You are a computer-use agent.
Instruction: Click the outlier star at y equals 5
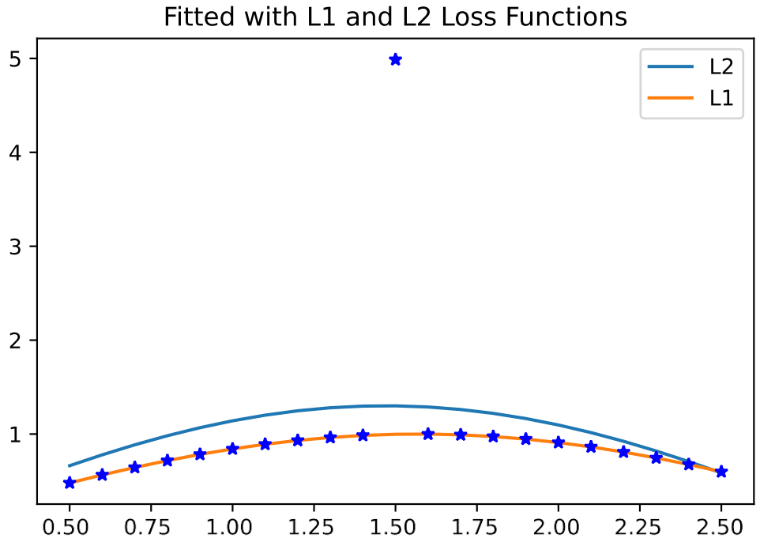click(x=396, y=59)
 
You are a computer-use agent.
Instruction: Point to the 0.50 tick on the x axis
click(x=70, y=525)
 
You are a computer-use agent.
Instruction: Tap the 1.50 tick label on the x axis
click(x=395, y=525)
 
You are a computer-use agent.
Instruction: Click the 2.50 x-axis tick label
click(x=721, y=525)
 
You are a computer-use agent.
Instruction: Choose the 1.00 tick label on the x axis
click(x=232, y=525)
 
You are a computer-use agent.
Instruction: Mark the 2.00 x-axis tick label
click(x=559, y=525)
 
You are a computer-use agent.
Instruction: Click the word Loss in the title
click(x=485, y=17)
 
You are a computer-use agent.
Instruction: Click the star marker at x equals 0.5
click(x=70, y=482)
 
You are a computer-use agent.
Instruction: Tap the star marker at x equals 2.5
click(x=721, y=472)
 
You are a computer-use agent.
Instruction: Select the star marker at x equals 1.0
click(x=232, y=448)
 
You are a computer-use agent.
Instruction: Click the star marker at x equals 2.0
click(x=559, y=442)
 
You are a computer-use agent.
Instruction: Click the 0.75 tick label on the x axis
click(x=151, y=525)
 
